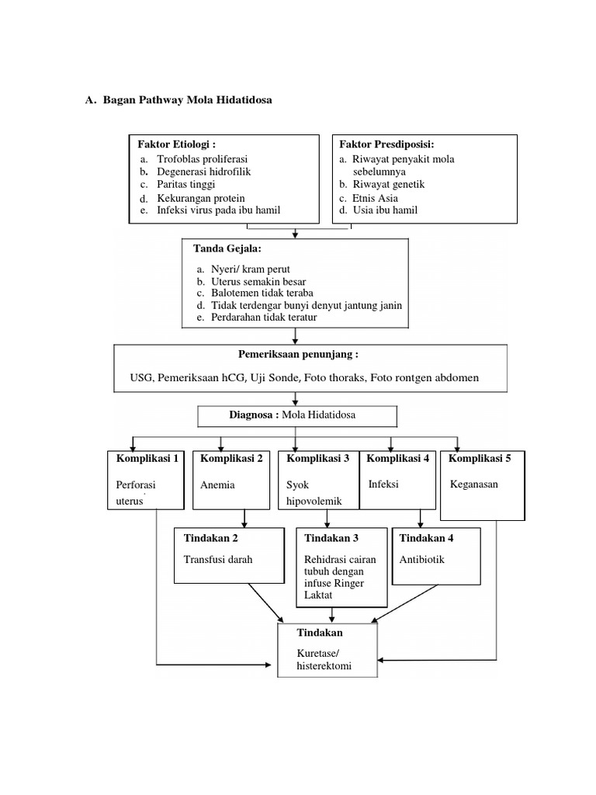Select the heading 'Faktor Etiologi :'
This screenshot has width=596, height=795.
[x=176, y=144]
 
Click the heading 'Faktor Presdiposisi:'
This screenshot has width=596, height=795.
[x=386, y=144]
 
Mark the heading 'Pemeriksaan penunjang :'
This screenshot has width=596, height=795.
[x=298, y=355]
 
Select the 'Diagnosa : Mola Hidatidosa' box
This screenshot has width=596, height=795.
[x=297, y=415]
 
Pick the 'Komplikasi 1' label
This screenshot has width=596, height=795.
[x=146, y=458]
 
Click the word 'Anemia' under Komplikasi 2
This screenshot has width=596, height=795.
[x=217, y=484]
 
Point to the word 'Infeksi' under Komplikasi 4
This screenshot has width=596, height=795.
[x=383, y=484]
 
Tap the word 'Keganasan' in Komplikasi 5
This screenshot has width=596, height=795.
[x=474, y=484]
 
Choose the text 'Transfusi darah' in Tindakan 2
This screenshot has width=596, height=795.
[x=217, y=559]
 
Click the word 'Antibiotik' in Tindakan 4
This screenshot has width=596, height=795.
[x=422, y=559]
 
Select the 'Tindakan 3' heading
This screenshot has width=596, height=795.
[x=332, y=537]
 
